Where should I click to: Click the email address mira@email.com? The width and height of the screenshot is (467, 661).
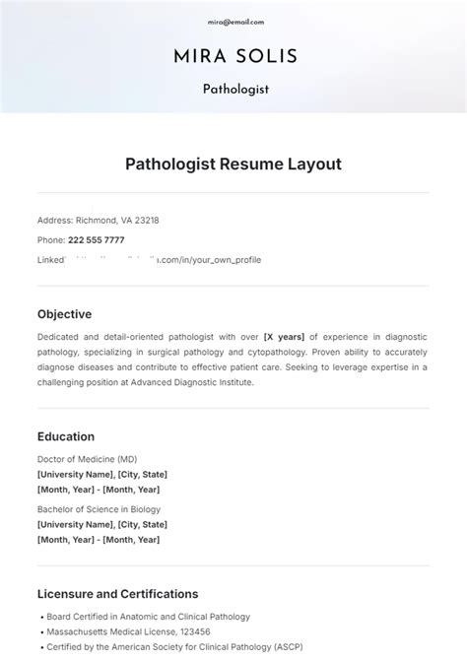234,21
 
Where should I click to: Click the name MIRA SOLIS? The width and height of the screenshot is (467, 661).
234,55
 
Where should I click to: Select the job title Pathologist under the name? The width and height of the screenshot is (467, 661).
235,89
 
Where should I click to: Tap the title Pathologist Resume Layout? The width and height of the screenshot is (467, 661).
233,165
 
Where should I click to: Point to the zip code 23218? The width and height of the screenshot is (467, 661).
146,221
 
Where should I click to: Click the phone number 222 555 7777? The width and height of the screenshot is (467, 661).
96,239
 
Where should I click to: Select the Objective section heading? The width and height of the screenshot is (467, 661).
64,314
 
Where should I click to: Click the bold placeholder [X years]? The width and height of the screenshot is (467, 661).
285,337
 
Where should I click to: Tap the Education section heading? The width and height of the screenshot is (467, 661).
66,436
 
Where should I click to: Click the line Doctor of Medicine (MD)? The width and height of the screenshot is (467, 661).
87,459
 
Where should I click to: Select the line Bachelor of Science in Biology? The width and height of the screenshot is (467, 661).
99,509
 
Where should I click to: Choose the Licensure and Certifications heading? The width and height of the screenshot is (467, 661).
117,594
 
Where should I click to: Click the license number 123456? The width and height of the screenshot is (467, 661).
194,631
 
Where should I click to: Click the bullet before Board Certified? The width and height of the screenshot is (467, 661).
40,617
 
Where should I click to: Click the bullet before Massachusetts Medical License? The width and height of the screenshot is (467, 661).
40,631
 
